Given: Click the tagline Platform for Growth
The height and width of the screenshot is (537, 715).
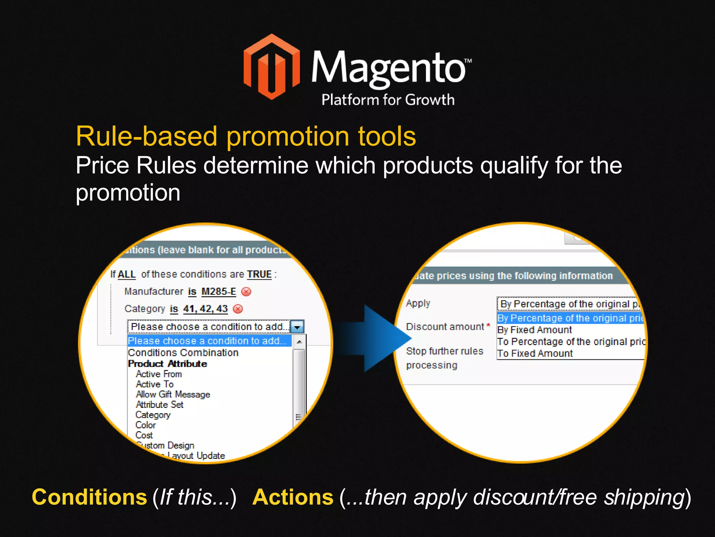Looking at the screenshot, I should [x=388, y=100].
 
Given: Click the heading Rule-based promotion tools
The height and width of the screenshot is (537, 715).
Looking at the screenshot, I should [x=246, y=136].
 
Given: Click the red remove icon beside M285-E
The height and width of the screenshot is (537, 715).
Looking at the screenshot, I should [x=246, y=292].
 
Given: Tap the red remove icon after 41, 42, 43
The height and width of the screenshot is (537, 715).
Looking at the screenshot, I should [x=238, y=309].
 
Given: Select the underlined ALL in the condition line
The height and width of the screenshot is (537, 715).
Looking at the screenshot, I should [x=126, y=274].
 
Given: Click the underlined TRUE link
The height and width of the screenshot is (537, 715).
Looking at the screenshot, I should [x=259, y=274].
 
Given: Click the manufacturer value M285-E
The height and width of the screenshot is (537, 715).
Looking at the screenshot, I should [x=219, y=292].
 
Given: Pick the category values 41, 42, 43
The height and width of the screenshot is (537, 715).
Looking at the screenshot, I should [x=205, y=309].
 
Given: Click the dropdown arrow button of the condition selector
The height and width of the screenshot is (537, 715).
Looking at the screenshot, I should [x=297, y=327].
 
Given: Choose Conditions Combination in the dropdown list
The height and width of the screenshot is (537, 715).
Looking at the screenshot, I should [x=183, y=353].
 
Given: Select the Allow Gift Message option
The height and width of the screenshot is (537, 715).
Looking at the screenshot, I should [x=173, y=394].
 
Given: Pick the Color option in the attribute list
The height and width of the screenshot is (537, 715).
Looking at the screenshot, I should [x=146, y=425].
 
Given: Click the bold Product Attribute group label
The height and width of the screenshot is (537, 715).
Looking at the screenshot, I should [x=168, y=364].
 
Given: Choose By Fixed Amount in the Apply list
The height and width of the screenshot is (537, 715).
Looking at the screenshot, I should [x=535, y=330].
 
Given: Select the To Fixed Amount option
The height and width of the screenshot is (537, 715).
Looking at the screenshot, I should [x=535, y=353].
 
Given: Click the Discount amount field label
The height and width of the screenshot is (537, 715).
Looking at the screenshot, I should [x=445, y=327].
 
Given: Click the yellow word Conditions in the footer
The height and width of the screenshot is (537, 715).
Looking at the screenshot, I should [x=89, y=497].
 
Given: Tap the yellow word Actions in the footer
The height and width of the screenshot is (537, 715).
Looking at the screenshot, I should [x=293, y=497].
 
